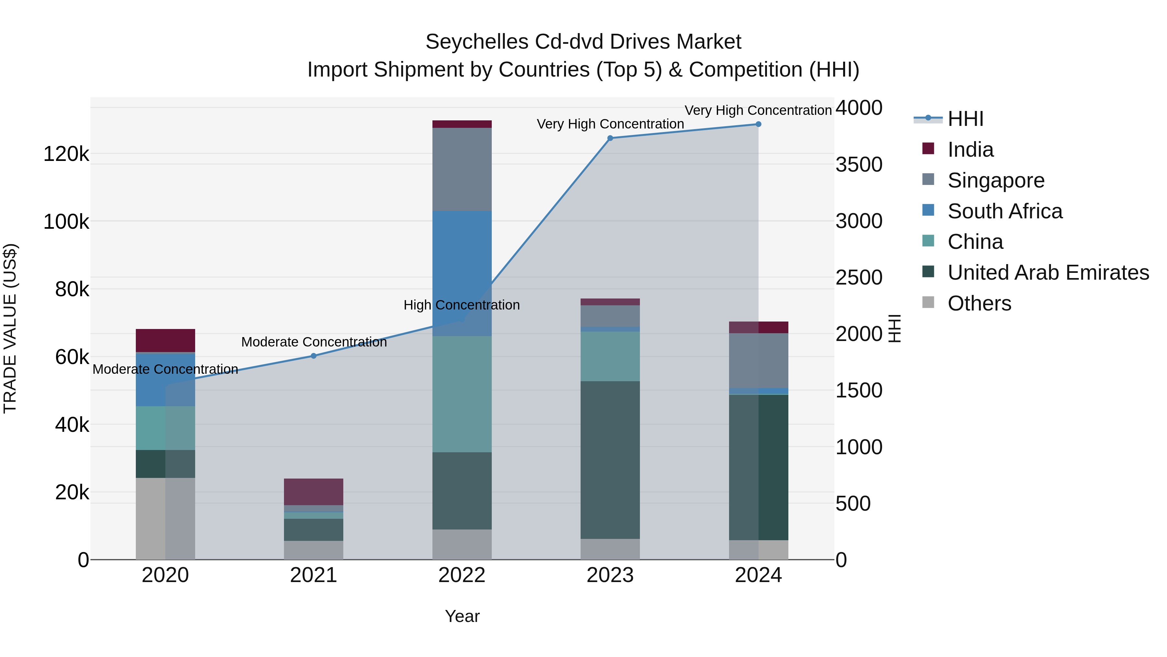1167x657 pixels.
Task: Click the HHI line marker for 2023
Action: click(610, 138)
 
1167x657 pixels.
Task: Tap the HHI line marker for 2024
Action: click(758, 124)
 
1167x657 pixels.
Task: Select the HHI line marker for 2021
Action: click(313, 356)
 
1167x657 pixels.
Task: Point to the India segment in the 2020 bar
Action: click(165, 340)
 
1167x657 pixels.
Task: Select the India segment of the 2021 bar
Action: click(313, 492)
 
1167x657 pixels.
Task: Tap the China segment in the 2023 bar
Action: click(610, 356)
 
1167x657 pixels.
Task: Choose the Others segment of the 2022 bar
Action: click(462, 544)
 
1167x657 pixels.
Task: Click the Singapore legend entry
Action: click(996, 180)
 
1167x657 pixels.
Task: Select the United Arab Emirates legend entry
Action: click(1048, 273)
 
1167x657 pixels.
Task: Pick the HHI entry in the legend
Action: click(965, 119)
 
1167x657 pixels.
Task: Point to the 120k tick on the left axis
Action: click(66, 154)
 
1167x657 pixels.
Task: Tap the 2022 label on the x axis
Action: click(462, 575)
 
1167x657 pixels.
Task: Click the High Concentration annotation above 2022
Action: click(462, 305)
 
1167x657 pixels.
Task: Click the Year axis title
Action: click(462, 616)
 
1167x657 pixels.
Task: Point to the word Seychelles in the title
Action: click(477, 42)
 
